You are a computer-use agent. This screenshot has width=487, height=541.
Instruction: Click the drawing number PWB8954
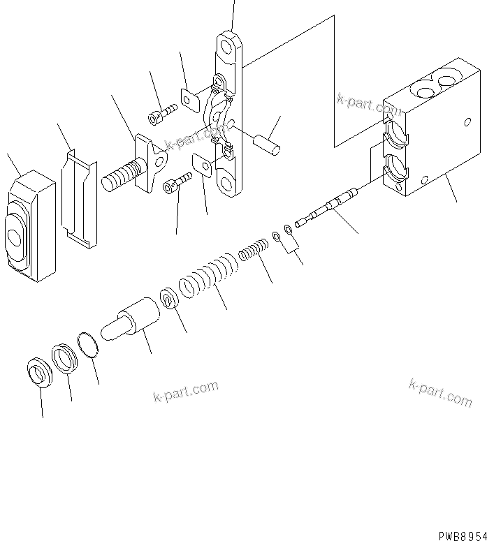(x=461, y=535)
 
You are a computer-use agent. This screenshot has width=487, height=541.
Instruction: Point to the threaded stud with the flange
(x=133, y=171)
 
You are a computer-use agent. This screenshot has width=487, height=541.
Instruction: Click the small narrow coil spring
(x=253, y=249)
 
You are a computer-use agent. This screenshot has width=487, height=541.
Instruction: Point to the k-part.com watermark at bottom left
(x=186, y=392)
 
